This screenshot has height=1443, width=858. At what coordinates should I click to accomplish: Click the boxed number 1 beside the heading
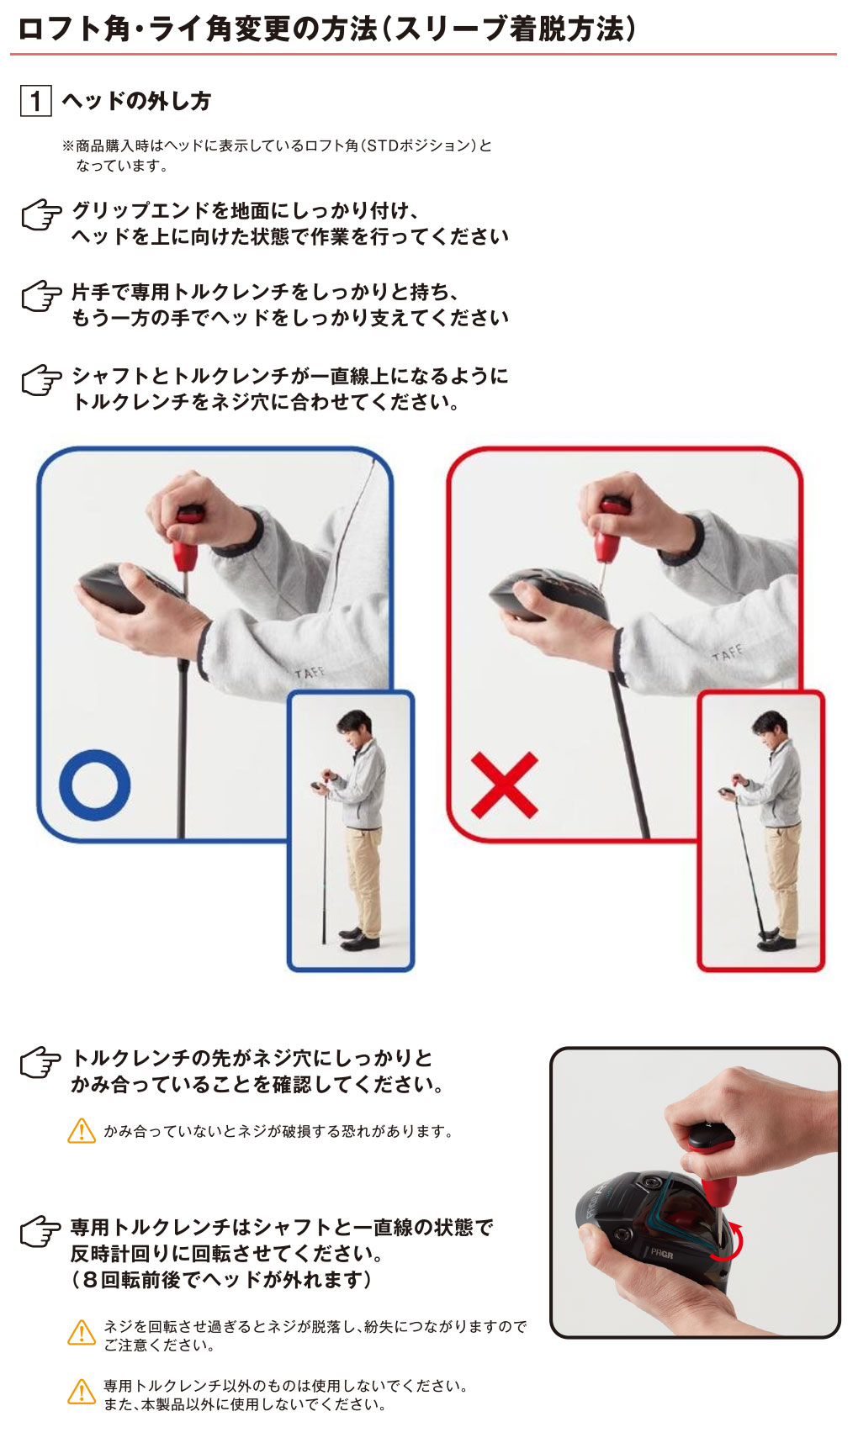[35, 102]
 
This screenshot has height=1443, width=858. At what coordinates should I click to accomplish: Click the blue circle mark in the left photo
[94, 785]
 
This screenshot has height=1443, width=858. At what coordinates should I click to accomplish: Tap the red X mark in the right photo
[504, 785]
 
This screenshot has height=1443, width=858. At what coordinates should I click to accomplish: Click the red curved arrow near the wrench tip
[729, 1243]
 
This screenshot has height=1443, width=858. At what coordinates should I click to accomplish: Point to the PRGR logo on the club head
[661, 1253]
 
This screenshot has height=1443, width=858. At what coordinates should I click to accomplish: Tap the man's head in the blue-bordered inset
[354, 726]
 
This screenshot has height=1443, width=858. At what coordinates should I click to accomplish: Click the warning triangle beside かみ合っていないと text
[81, 1131]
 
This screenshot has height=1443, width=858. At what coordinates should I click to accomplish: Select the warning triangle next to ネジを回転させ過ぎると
[81, 1333]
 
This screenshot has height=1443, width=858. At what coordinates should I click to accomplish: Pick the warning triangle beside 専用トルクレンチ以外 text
[81, 1393]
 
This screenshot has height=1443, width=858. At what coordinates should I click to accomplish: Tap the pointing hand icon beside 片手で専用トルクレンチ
[41, 297]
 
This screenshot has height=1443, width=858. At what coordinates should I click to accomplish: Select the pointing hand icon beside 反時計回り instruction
[41, 1233]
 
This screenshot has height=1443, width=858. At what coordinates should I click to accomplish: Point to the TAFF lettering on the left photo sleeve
[309, 673]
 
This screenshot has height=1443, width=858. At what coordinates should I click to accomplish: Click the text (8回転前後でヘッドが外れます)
[221, 1279]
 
